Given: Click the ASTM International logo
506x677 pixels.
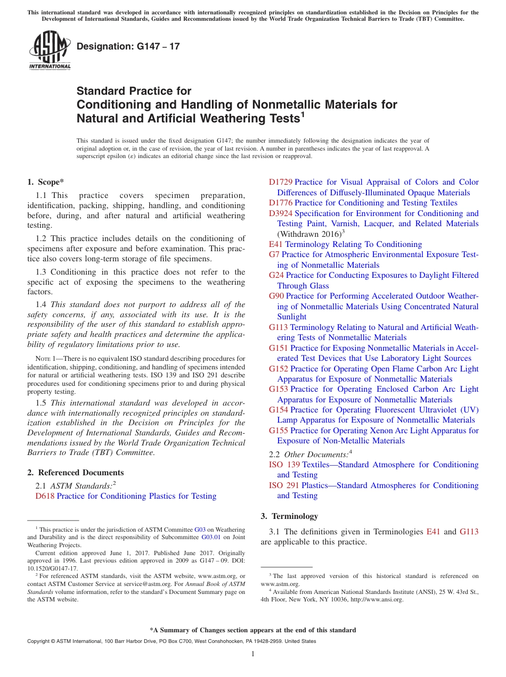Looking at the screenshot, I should (x=50, y=51).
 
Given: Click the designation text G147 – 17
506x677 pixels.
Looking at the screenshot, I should (x=128, y=46).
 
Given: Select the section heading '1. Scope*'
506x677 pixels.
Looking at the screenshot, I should (x=46, y=182).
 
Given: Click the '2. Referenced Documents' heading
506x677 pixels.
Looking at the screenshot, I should (x=76, y=473).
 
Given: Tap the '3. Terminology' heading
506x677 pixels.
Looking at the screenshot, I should (x=289, y=516).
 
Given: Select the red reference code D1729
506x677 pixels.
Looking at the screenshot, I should (x=281, y=182).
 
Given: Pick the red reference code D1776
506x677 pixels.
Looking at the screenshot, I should (x=281, y=203).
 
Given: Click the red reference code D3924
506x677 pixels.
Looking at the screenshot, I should (x=281, y=213).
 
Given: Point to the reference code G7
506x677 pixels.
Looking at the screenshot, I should (x=274, y=254).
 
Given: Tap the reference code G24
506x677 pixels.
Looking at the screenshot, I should (x=276, y=275).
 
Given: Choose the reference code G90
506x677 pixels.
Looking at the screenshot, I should (x=276, y=296).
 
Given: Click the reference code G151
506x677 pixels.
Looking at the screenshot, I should (x=279, y=348).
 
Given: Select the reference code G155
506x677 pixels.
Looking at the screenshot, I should (x=279, y=431).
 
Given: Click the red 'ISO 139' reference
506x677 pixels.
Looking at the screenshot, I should (x=284, y=465).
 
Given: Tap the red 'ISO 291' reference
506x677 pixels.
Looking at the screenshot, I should (x=284, y=485).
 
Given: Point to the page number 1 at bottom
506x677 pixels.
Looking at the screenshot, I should (x=253, y=654).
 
